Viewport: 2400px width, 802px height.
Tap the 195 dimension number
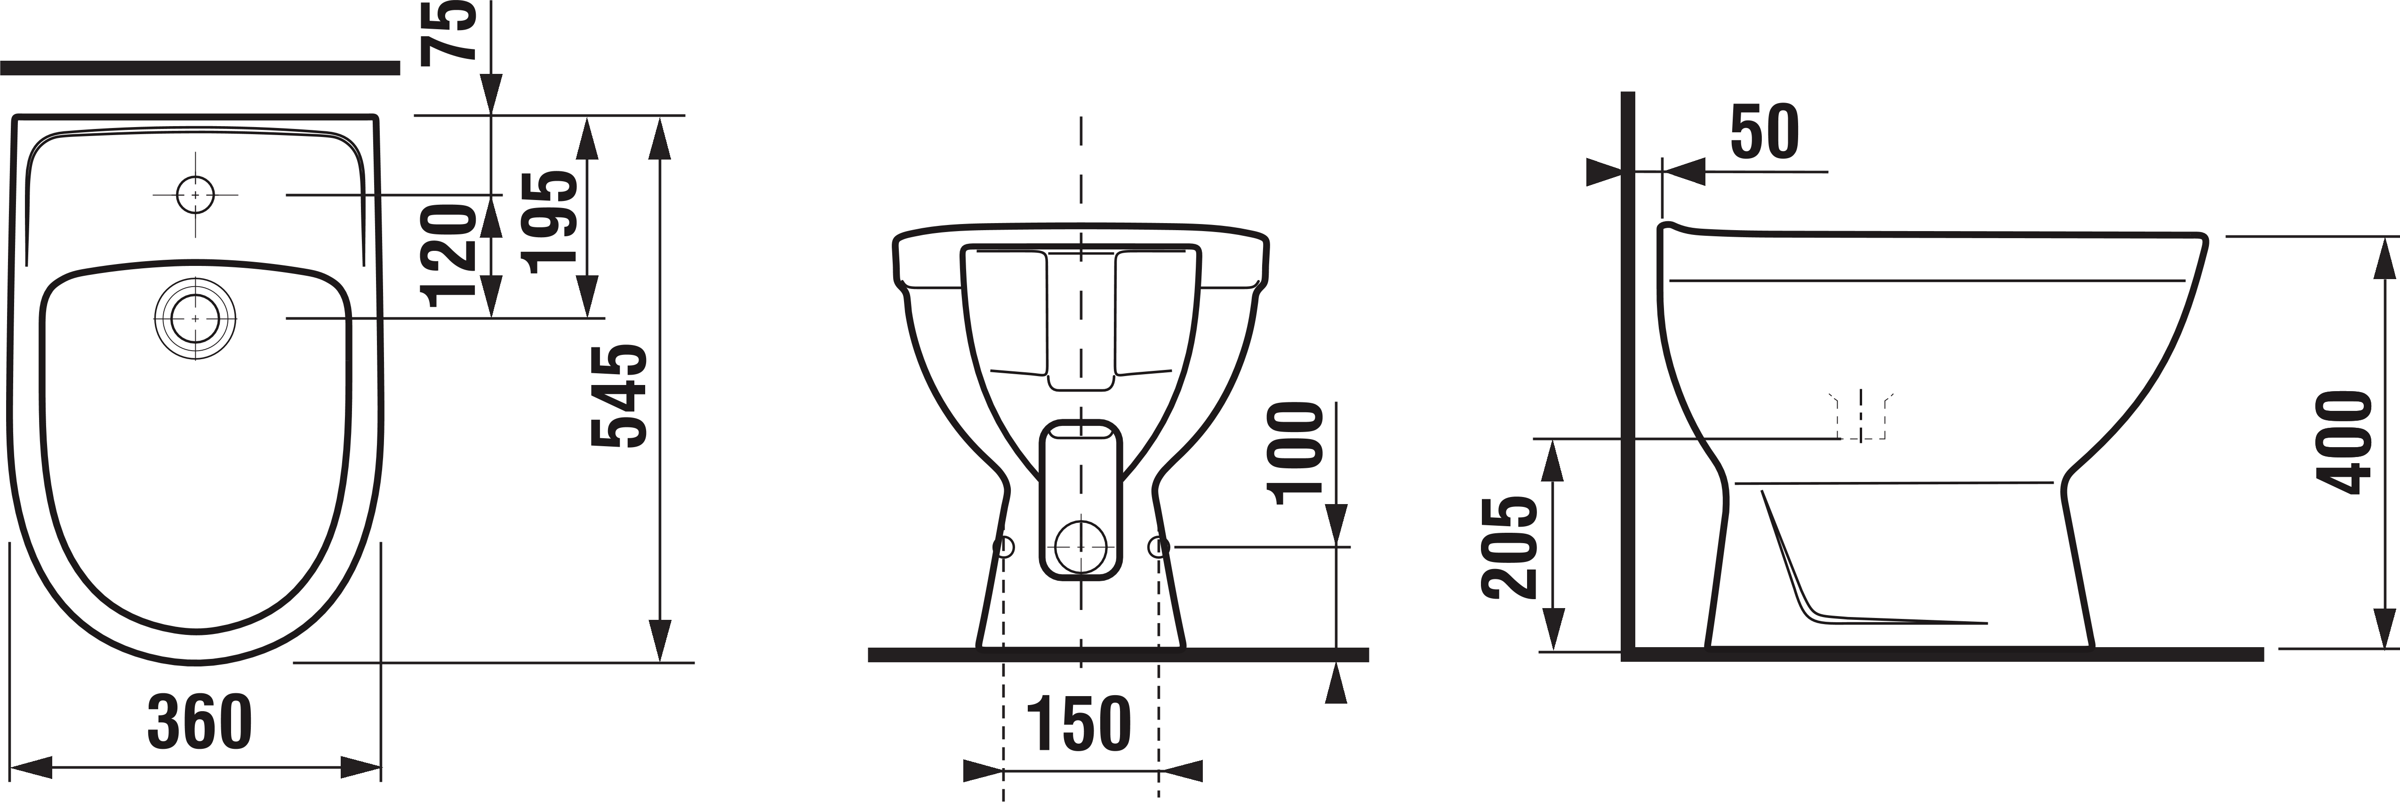[x=549, y=222]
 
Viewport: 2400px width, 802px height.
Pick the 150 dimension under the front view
[x=1079, y=724]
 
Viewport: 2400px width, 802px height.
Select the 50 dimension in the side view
[x=1765, y=132]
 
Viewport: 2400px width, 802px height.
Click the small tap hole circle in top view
[x=195, y=195]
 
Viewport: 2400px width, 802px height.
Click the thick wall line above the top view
[x=200, y=67]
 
